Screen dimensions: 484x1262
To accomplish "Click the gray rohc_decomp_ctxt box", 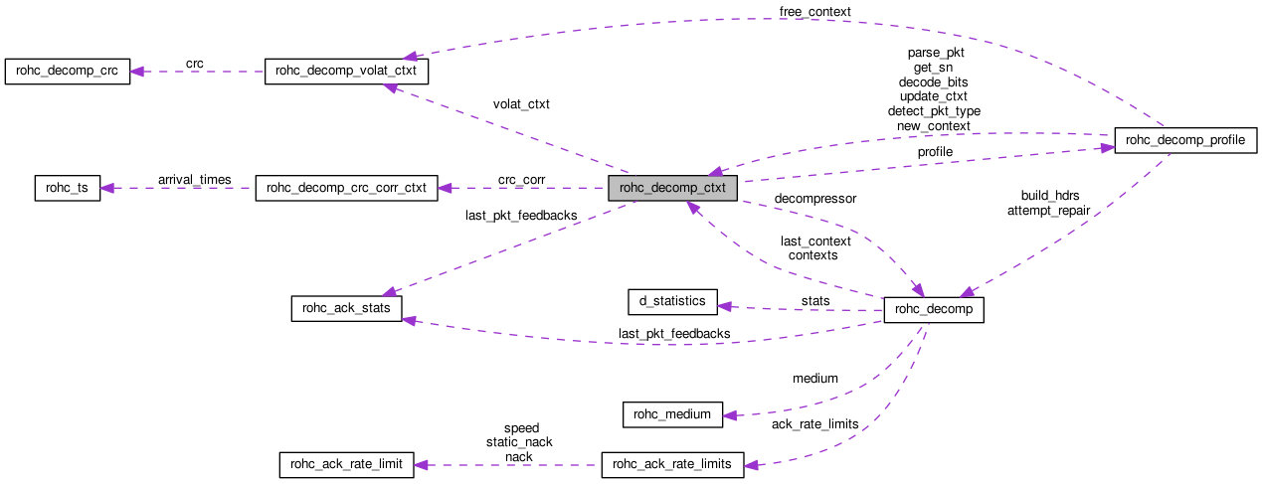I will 673,188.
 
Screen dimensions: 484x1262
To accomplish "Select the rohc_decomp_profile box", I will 1185,141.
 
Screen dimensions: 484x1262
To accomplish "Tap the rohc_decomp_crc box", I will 67,72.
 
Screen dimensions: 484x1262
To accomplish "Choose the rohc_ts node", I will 68,188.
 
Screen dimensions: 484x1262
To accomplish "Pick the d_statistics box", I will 672,301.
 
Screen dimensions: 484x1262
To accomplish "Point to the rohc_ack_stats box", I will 346,308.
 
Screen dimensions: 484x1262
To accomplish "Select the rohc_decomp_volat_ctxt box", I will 347,72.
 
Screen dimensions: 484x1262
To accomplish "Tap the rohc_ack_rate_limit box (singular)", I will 345,465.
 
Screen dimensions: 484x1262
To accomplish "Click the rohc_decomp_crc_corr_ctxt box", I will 347,188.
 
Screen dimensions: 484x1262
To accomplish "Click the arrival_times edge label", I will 194,180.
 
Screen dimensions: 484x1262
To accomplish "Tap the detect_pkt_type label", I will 934,111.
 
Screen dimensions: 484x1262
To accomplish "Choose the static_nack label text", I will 519,442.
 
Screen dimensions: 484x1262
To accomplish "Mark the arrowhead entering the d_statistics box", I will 726,305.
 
